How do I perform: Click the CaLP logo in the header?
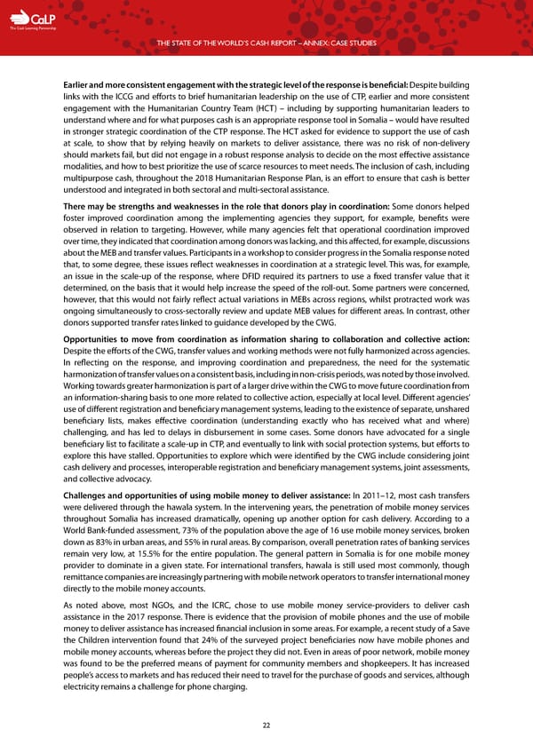[x=24, y=19]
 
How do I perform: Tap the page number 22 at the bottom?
[x=266, y=725]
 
